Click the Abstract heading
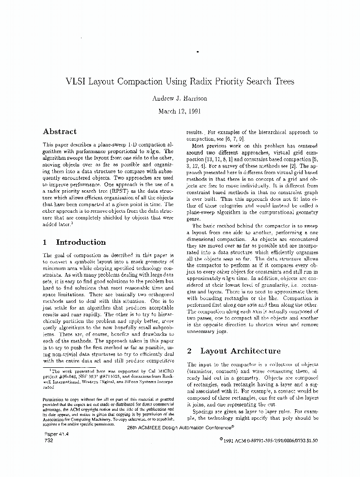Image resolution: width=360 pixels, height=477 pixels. pos(60,131)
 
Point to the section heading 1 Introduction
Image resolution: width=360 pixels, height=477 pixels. pos(74,242)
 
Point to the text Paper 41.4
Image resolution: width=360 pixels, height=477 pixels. pos(56,435)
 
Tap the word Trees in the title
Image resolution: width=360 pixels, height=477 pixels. pos(284,81)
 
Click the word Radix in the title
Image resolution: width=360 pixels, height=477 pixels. pos(190,81)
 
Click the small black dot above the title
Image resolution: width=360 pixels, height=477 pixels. pos(197,51)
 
